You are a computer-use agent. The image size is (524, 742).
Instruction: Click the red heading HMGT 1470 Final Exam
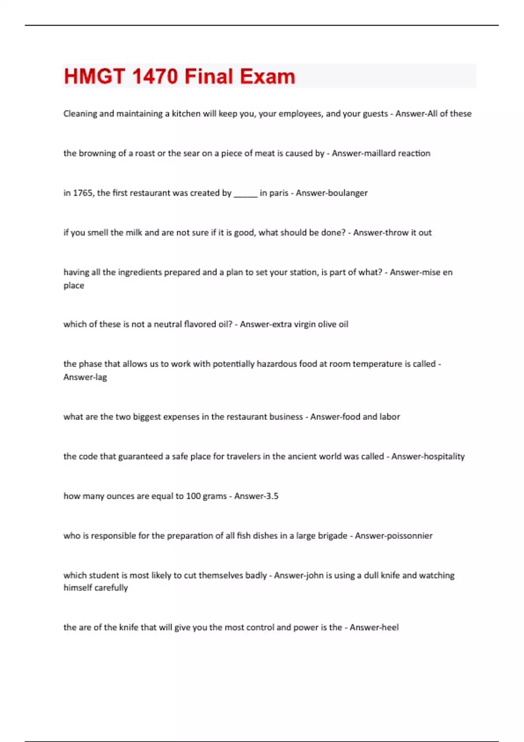tap(179, 76)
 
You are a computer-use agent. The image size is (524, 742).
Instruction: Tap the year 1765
tap(83, 193)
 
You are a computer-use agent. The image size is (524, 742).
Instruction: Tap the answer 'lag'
tap(100, 377)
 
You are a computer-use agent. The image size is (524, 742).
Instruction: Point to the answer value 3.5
tap(271, 496)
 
